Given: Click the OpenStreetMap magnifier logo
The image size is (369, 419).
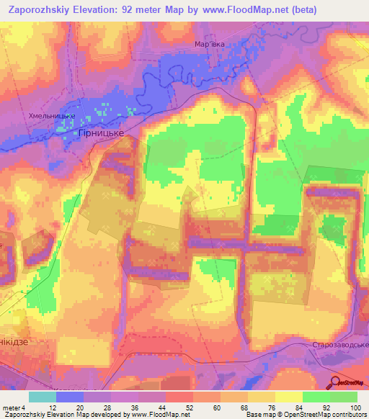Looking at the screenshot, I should pos(336,382).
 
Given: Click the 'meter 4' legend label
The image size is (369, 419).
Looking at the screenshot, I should pos(14,407).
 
